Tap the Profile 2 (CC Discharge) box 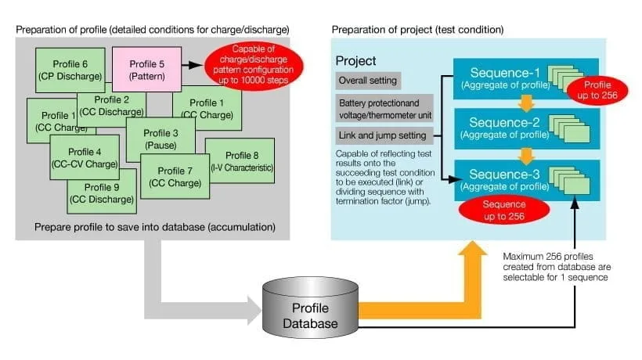(111, 106)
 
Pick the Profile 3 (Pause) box (160, 139)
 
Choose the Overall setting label (367, 80)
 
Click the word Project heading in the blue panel (356, 61)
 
